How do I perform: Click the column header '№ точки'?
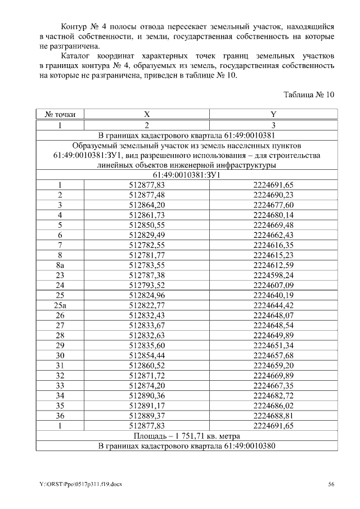point(60,114)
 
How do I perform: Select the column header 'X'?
point(147,114)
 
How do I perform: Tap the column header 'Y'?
point(273,114)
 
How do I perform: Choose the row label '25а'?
point(60,305)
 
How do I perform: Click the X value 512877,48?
point(147,195)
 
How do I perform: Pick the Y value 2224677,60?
point(273,205)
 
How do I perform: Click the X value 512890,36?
point(147,396)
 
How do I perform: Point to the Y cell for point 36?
point(273,416)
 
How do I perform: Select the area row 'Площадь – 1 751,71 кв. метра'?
point(187,436)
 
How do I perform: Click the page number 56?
point(331,484)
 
